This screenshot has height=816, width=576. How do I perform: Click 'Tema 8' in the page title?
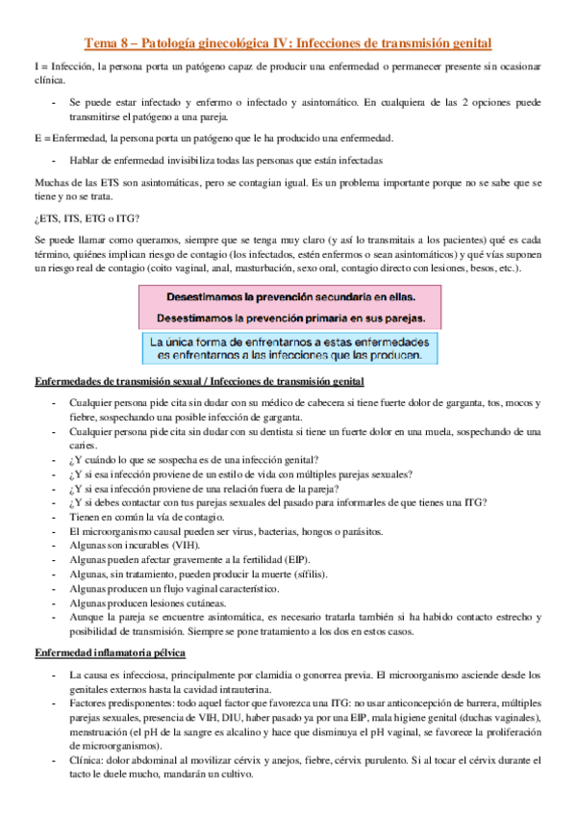pyautogui.click(x=107, y=43)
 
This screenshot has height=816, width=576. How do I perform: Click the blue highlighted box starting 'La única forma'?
pyautogui.click(x=289, y=348)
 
